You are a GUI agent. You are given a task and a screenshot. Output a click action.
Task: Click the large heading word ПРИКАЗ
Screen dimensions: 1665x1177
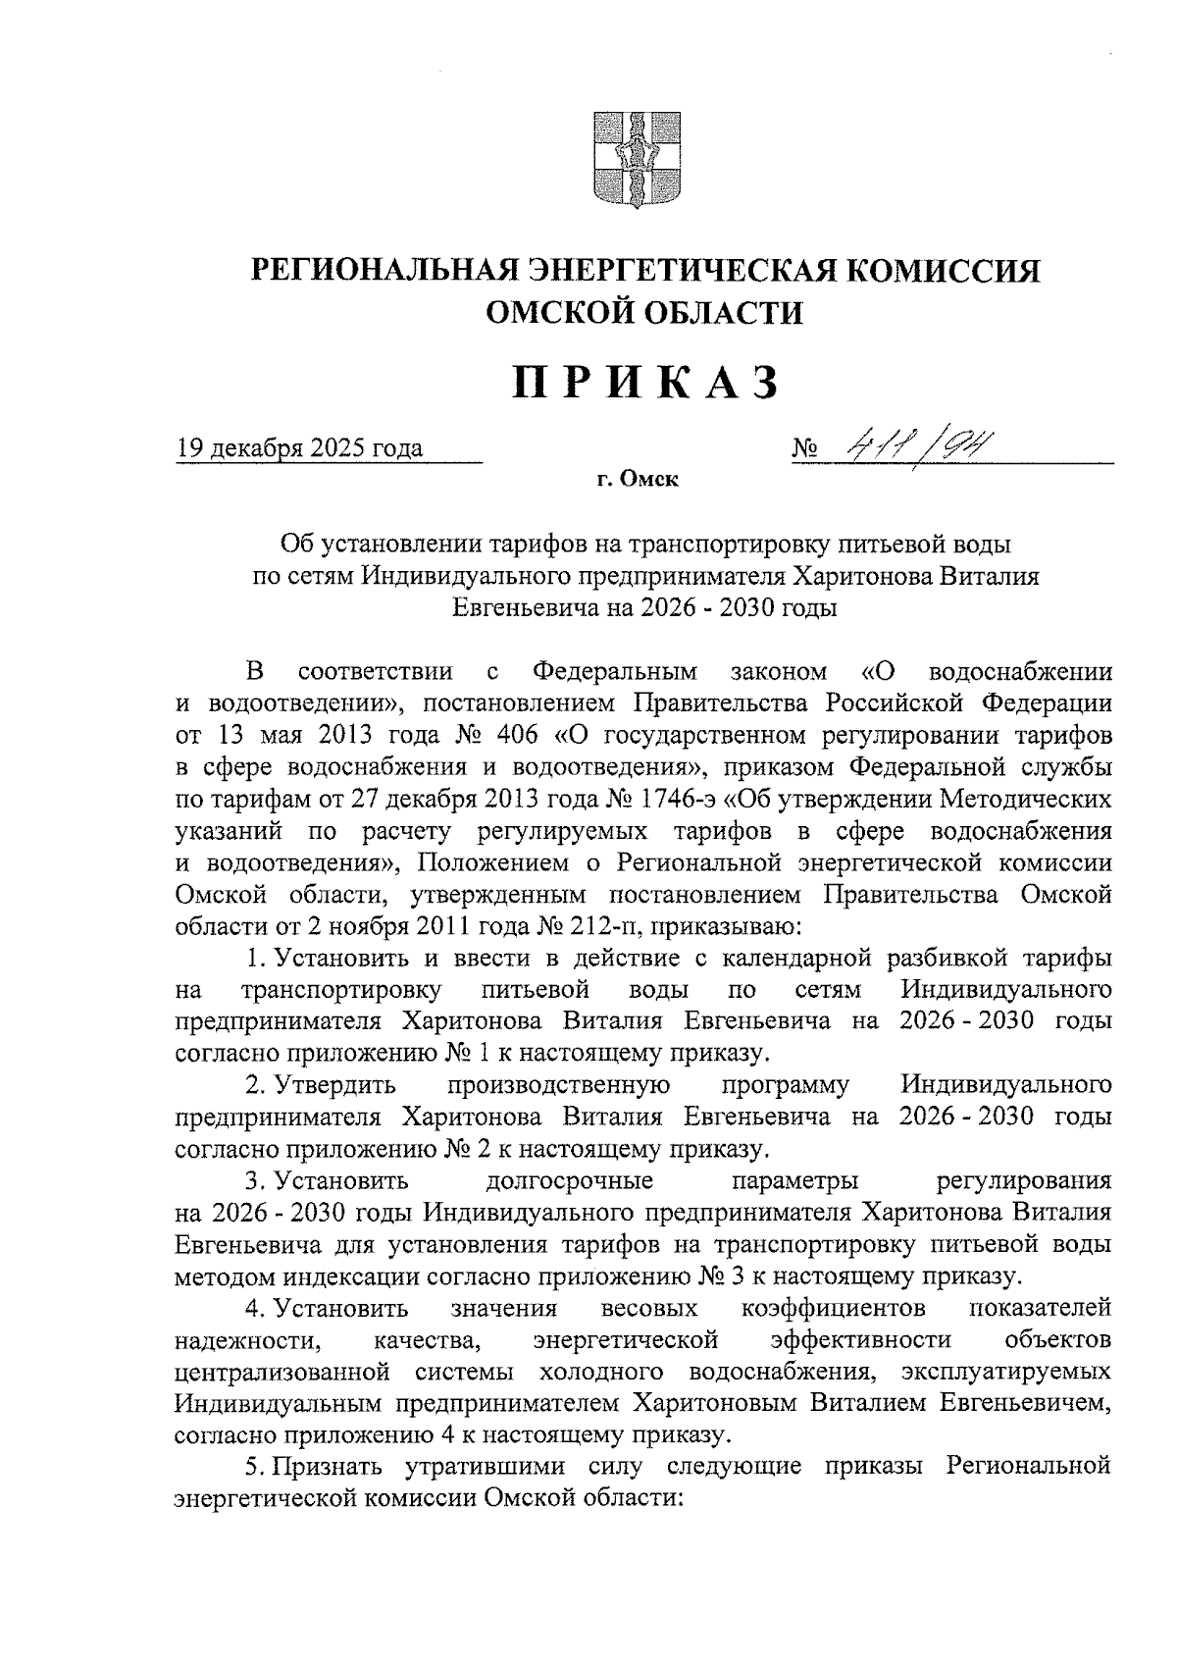pyautogui.click(x=645, y=384)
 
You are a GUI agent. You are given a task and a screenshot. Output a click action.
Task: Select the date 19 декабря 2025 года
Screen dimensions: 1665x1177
pyautogui.click(x=299, y=449)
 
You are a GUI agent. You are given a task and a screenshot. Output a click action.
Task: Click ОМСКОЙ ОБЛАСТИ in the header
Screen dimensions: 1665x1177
pyautogui.click(x=644, y=312)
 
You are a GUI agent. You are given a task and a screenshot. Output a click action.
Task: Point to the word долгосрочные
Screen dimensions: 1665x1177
pyautogui.click(x=569, y=1181)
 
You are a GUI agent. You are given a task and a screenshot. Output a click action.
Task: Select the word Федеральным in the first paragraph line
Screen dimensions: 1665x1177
pyautogui.click(x=615, y=672)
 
